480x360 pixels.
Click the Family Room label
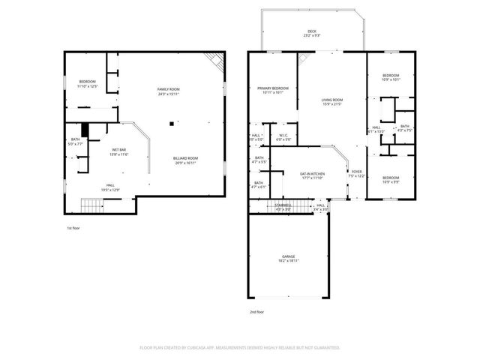168,91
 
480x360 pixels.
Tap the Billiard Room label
185,160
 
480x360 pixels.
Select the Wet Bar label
119,151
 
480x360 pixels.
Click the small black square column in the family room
172,123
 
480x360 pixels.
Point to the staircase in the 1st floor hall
91,204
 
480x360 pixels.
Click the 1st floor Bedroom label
88,84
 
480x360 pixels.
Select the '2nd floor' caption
257,311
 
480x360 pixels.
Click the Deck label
312,33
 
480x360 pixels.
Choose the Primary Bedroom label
273,90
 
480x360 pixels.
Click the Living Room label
332,102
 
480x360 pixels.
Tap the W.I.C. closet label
283,137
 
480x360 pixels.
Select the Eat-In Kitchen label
311,175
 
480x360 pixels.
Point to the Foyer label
356,173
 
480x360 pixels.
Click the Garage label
289,258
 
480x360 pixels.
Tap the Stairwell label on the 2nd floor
283,207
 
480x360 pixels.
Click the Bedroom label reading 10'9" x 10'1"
391,77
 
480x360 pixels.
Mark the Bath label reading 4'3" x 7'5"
404,128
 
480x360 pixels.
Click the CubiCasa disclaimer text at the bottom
240,348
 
